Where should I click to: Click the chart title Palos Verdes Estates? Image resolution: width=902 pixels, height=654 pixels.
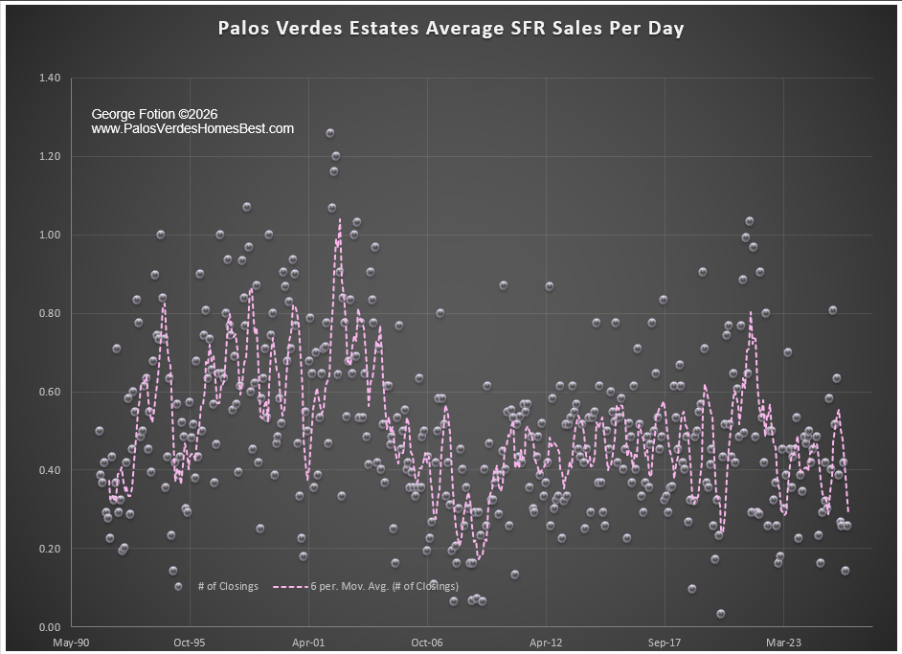click(x=451, y=28)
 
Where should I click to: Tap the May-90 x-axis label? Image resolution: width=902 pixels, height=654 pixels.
click(x=71, y=643)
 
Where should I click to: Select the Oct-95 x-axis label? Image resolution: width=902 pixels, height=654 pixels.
click(x=190, y=643)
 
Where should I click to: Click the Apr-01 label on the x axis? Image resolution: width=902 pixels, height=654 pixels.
click(x=308, y=643)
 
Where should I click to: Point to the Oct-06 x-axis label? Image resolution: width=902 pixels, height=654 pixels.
click(x=427, y=643)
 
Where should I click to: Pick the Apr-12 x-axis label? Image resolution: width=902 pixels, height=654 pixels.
click(x=546, y=643)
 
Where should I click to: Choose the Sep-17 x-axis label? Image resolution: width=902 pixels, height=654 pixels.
click(x=665, y=643)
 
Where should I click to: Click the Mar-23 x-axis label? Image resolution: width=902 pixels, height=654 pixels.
click(x=783, y=643)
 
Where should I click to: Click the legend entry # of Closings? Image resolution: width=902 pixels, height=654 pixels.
click(x=228, y=586)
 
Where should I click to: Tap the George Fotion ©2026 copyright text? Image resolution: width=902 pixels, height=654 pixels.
click(x=154, y=114)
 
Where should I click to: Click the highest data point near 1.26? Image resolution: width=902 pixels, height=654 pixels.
click(x=330, y=133)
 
